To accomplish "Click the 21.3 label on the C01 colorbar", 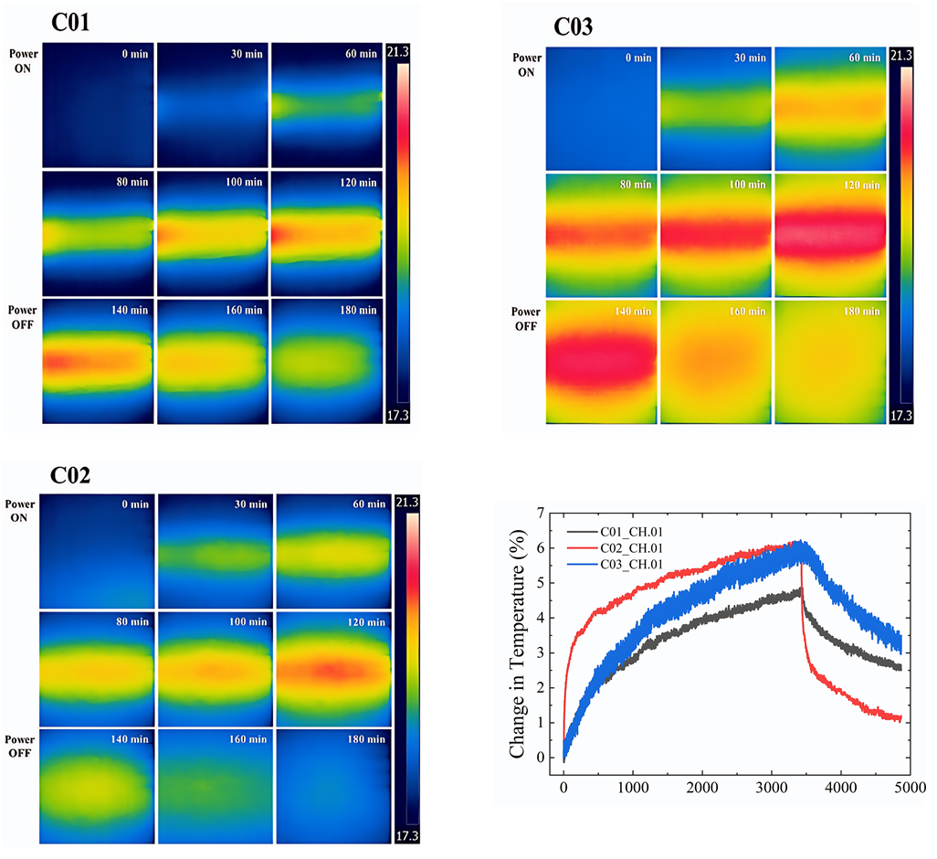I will pos(397,52).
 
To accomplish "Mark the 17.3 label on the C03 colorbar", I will pos(900,416).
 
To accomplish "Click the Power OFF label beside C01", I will pos(21,316).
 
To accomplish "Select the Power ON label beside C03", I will pos(528,64).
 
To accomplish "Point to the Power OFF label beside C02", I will pos(20,746).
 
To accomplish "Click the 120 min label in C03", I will pos(863,185).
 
